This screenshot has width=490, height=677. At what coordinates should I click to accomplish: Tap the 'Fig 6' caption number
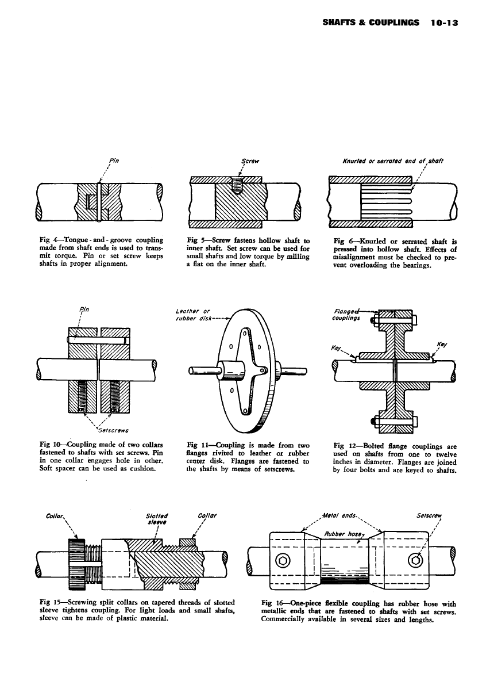(x=343, y=241)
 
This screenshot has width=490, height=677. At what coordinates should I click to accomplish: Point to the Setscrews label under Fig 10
(x=113, y=430)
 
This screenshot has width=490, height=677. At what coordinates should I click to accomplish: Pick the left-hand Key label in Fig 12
(x=338, y=348)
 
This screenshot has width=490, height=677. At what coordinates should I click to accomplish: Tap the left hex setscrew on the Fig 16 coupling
(x=283, y=560)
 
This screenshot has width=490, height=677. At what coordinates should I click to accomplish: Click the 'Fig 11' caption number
(x=198, y=444)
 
